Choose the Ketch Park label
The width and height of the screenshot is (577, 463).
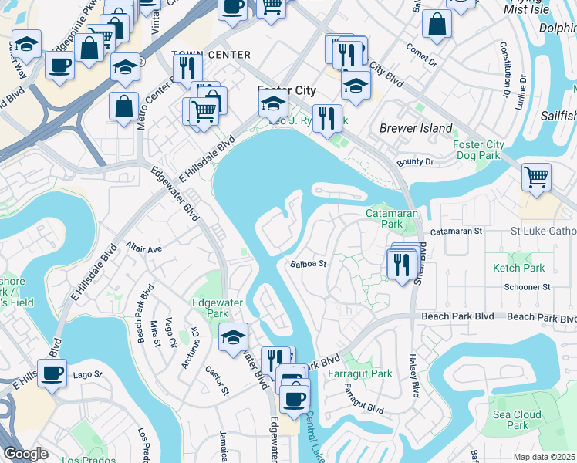[x=518, y=268]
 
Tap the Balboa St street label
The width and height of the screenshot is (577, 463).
[x=309, y=263]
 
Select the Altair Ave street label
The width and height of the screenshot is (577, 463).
[x=144, y=249]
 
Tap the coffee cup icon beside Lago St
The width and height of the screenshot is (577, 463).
[x=52, y=374]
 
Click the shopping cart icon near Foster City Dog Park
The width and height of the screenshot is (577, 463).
[x=536, y=177]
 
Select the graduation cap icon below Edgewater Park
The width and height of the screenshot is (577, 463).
[x=233, y=337]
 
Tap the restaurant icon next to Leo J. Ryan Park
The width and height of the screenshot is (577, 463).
[x=327, y=119]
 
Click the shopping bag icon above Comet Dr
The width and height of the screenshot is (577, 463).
[x=437, y=24]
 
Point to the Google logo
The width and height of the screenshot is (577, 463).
[x=25, y=454]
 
